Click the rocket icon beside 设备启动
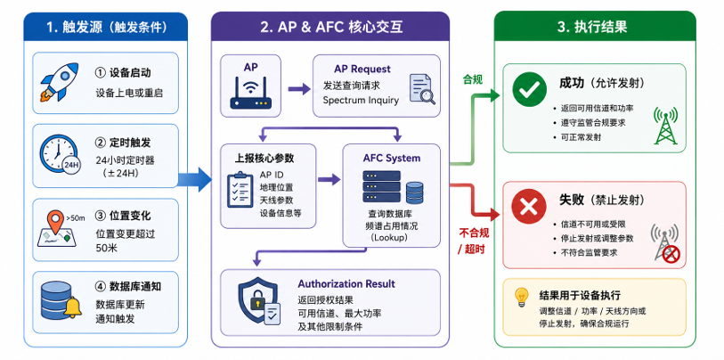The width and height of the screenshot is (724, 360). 60,82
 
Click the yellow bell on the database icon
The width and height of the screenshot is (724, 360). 72,307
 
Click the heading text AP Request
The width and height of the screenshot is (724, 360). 362,70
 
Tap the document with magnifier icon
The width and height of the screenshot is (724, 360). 422,89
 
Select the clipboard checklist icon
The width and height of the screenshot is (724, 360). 240,189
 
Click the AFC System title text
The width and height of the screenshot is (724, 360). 392,158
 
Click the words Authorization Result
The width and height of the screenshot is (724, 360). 346,283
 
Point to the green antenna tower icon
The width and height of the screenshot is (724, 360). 665,126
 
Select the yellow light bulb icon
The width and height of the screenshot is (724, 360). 521,297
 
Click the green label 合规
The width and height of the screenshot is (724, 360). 472,80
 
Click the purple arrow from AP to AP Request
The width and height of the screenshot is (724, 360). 298,89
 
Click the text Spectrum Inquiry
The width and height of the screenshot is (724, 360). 361,101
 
